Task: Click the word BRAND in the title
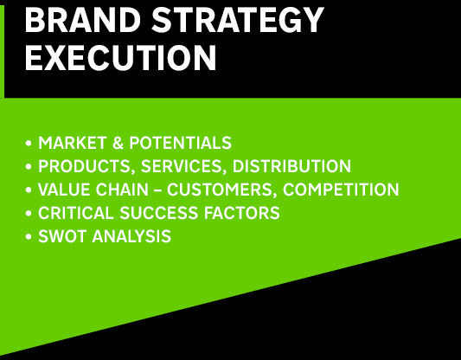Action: pos(83,20)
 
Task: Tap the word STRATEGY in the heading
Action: pos(238,20)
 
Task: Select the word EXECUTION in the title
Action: pos(121,58)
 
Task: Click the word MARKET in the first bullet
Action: pos(73,143)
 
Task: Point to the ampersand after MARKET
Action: pos(118,143)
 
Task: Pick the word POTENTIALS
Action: pos(181,143)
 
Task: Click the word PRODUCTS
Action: pos(85,166)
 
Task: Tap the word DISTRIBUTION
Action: pos(292,166)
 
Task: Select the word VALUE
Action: pos(64,190)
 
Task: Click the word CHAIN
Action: pos(122,190)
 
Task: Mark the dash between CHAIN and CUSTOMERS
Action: pos(158,190)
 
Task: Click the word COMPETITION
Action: pos(341,190)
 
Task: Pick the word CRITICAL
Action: pos(76,213)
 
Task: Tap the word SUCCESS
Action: pos(159,213)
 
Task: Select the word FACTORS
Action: pos(242,213)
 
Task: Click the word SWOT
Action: pos(62,236)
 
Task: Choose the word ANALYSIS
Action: pos(131,236)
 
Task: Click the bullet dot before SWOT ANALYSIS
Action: pos(29,236)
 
